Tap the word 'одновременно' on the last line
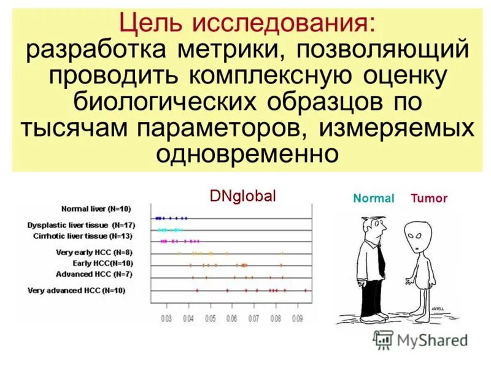pos(247,153)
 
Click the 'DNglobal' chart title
pos(243,196)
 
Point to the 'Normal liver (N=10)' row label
pos(96,209)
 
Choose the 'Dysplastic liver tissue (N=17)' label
pos(81,225)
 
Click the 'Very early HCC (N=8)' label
pos(94,252)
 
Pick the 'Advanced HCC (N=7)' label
pos(94,274)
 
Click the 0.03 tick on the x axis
pos(166,319)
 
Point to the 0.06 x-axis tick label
pos(231,319)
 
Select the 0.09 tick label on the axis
pos(297,319)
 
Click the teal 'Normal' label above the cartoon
pos(373,199)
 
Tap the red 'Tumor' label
pos(429,199)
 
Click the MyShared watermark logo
pos(420,341)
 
